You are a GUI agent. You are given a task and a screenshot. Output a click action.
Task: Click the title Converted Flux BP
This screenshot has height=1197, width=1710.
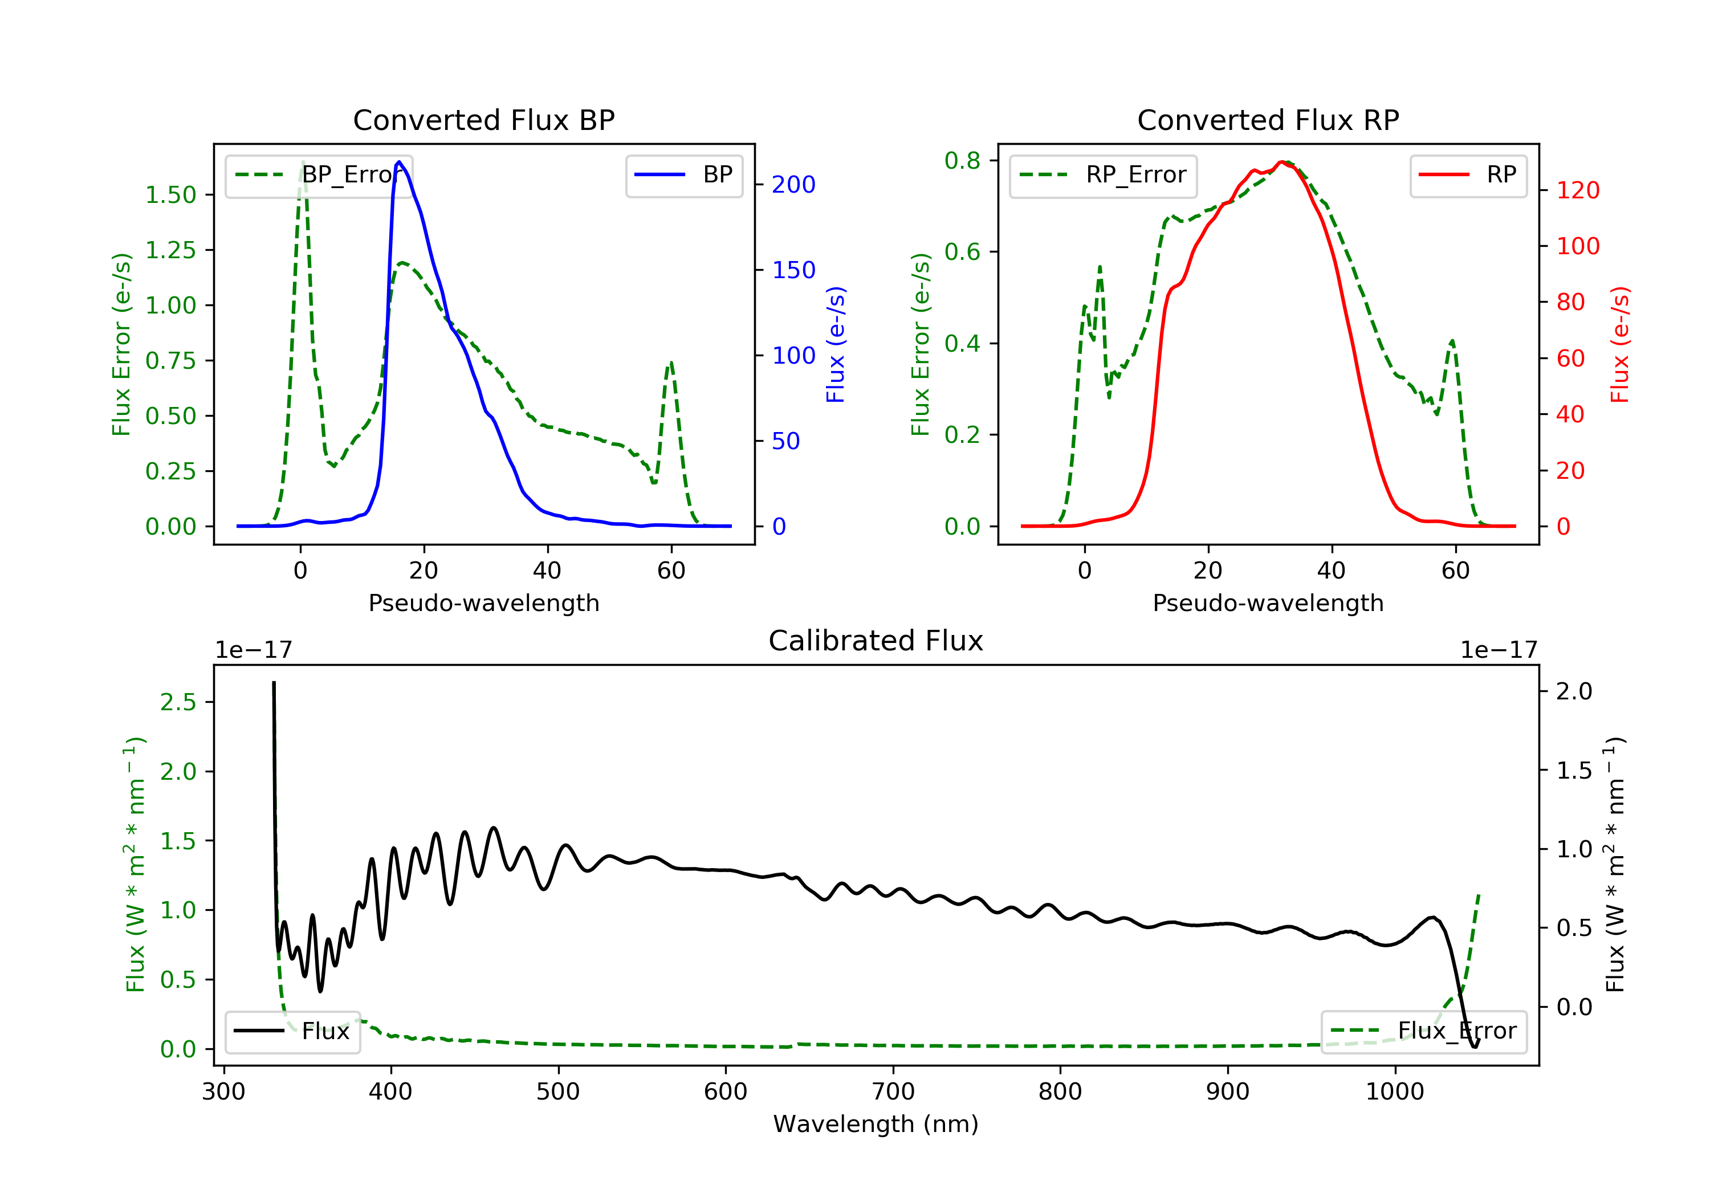point(483,120)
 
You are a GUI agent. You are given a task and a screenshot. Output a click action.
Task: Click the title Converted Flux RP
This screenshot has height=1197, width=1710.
point(1268,120)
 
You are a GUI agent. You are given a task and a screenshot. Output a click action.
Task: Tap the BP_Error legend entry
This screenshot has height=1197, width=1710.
point(319,175)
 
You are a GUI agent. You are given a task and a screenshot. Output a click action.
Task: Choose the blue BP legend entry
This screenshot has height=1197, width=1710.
point(683,175)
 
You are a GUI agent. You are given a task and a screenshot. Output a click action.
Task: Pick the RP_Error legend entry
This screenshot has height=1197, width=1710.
point(1103,175)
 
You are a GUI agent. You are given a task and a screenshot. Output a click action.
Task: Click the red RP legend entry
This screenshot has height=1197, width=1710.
point(1468,175)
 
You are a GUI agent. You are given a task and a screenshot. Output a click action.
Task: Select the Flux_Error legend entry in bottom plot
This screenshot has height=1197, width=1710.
point(1423,1031)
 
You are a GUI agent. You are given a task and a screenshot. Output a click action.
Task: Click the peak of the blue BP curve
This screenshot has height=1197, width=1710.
point(399,162)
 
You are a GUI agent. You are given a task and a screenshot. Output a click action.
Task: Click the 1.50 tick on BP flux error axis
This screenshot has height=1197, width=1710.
point(170,195)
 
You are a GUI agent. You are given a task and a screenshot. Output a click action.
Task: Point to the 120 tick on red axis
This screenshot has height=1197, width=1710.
point(1577,191)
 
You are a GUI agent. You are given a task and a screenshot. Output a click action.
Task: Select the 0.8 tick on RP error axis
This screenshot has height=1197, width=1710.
point(962,160)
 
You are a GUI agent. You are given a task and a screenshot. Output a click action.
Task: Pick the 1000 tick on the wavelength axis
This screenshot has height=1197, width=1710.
point(1394,1092)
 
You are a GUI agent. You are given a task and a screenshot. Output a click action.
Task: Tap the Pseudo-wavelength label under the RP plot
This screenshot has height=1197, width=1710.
point(1268,603)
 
